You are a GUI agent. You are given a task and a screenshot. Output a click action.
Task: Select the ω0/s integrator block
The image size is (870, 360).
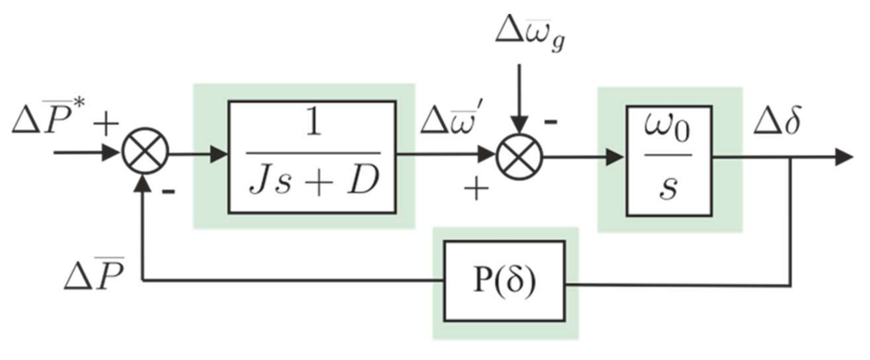[669, 161]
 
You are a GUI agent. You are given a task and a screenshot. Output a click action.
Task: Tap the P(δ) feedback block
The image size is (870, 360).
[504, 281]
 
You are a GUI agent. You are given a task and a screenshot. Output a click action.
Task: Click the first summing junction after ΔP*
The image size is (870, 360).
[145, 151]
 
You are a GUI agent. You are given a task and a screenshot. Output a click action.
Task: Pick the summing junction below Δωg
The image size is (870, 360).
[519, 157]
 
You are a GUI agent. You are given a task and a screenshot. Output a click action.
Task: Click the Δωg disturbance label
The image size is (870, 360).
[530, 34]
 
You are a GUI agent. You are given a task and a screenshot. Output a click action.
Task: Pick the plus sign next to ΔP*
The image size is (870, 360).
[106, 124]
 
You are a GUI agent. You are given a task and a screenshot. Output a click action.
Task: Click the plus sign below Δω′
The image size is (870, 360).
[476, 188]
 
